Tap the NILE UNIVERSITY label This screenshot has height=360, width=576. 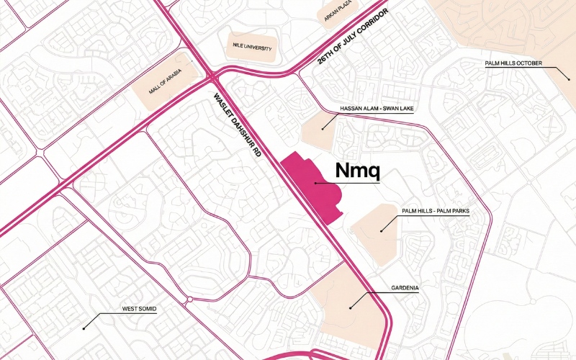click(x=251, y=48)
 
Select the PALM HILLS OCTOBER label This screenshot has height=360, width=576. click(x=513, y=63)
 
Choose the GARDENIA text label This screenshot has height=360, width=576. click(x=405, y=288)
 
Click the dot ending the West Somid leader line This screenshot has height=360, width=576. click(x=84, y=328)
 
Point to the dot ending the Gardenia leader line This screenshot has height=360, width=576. click(x=350, y=308)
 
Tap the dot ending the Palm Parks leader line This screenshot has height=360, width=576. click(x=381, y=230)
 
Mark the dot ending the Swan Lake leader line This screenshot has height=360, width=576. click(x=323, y=129)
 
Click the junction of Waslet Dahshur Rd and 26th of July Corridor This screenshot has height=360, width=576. click(x=213, y=74)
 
